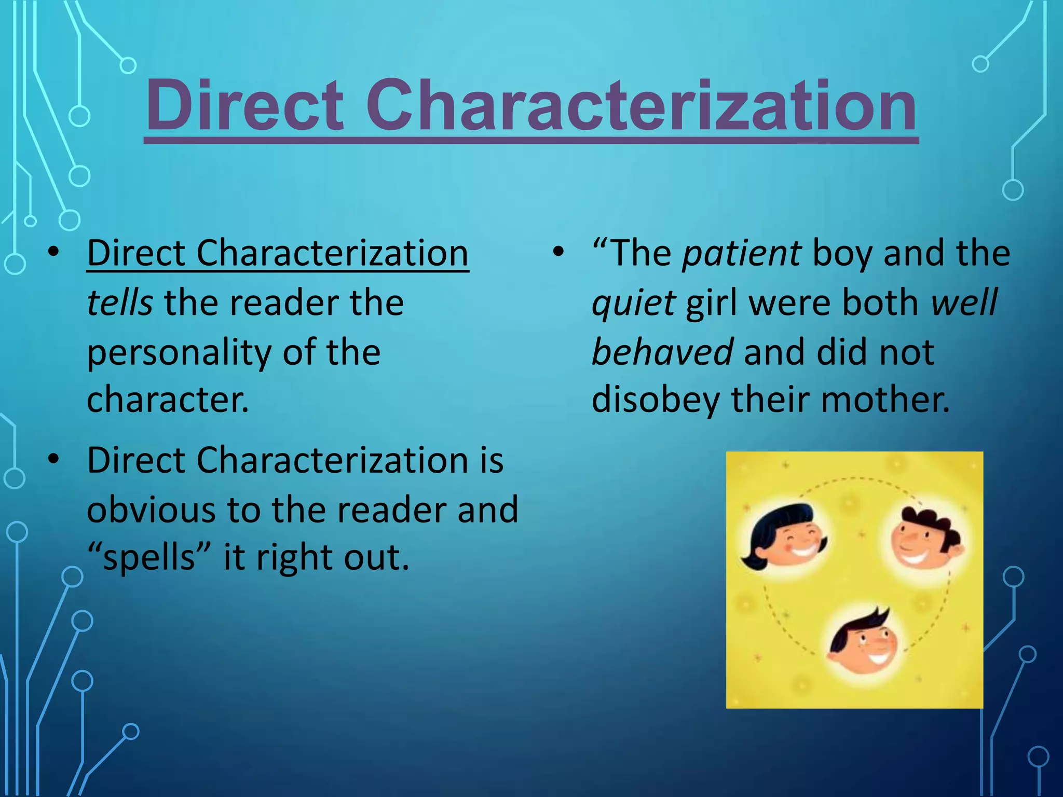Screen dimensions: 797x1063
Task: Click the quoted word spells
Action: coord(148,557)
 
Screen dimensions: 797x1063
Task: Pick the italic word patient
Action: coord(742,254)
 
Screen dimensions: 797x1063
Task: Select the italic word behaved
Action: coord(662,352)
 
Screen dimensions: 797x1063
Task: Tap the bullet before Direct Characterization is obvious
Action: coord(53,460)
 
